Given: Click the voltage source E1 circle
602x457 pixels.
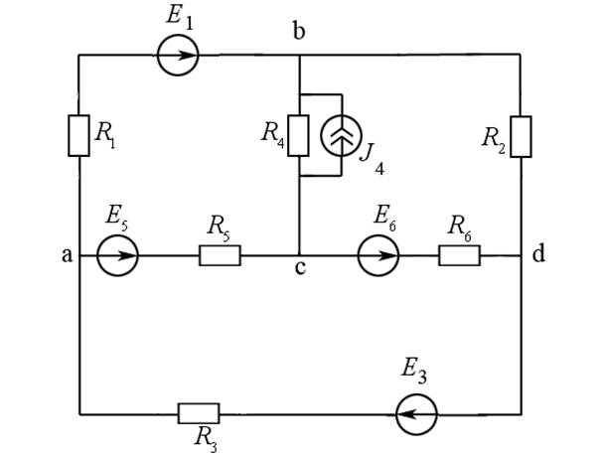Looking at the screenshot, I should [178, 56].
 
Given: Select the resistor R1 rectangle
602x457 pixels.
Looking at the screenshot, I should [79, 135].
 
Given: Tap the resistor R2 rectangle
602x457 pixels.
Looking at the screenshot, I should [522, 136].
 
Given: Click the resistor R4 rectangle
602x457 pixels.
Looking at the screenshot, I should [300, 136].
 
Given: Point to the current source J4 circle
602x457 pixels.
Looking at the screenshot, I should [341, 136].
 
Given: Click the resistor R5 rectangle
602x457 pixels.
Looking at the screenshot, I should [220, 256].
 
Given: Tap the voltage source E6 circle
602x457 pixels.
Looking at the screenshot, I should [380, 256].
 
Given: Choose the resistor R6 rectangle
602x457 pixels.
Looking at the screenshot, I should [459, 256].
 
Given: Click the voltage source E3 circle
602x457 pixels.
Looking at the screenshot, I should [415, 413].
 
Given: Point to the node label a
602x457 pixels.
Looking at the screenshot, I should [67, 255].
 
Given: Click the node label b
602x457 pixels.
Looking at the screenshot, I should [298, 32].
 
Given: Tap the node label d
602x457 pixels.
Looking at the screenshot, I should [537, 255].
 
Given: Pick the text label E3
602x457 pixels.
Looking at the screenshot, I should [414, 374].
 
